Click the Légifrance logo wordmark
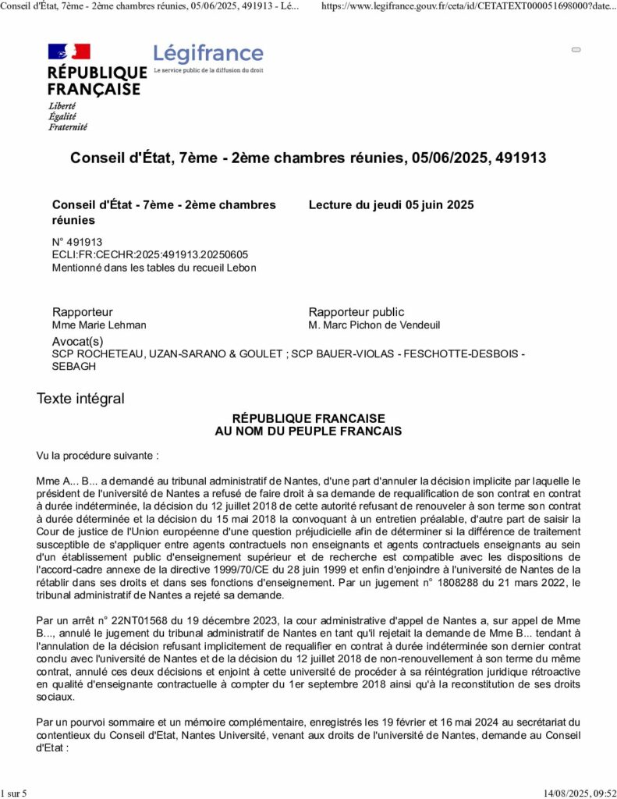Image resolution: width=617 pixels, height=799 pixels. [208, 54]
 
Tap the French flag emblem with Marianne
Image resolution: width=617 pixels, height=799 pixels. [69, 51]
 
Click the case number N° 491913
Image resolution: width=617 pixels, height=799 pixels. [77, 242]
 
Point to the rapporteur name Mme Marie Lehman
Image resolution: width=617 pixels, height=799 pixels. [99, 325]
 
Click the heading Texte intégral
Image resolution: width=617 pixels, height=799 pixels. [80, 399]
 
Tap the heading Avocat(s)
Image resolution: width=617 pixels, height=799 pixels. [77, 342]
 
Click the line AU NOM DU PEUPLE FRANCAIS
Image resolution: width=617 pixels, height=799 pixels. [308, 431]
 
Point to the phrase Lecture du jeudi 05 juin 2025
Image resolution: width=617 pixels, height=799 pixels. [391, 205]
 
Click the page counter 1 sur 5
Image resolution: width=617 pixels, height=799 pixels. [14, 794]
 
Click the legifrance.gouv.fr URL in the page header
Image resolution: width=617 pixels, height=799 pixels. [469, 5]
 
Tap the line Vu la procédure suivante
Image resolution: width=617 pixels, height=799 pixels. [98, 455]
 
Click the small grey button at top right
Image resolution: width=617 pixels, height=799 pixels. [576, 49]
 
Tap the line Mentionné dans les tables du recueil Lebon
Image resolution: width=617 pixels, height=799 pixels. [154, 268]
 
